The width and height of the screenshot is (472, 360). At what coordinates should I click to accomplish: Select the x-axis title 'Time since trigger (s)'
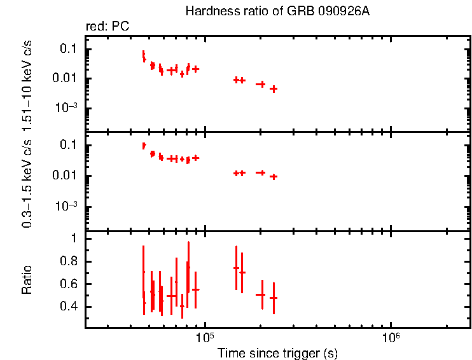tap(277, 352)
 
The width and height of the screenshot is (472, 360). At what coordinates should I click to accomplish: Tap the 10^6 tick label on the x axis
tap(390, 337)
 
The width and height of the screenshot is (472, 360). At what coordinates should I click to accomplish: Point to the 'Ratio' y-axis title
tap(27, 280)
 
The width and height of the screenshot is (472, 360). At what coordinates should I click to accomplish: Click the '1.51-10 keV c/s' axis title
tap(27, 83)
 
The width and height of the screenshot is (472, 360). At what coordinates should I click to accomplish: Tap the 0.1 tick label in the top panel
tap(69, 49)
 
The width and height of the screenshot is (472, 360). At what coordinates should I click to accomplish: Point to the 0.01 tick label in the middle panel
tap(66, 176)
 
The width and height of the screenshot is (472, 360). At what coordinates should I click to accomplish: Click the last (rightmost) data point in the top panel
tap(274, 89)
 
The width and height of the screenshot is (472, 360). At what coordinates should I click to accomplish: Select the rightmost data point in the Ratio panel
tap(274, 298)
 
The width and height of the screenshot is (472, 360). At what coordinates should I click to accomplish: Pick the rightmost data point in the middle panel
tap(274, 177)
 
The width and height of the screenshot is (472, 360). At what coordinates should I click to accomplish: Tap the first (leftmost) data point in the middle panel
tap(144, 146)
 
